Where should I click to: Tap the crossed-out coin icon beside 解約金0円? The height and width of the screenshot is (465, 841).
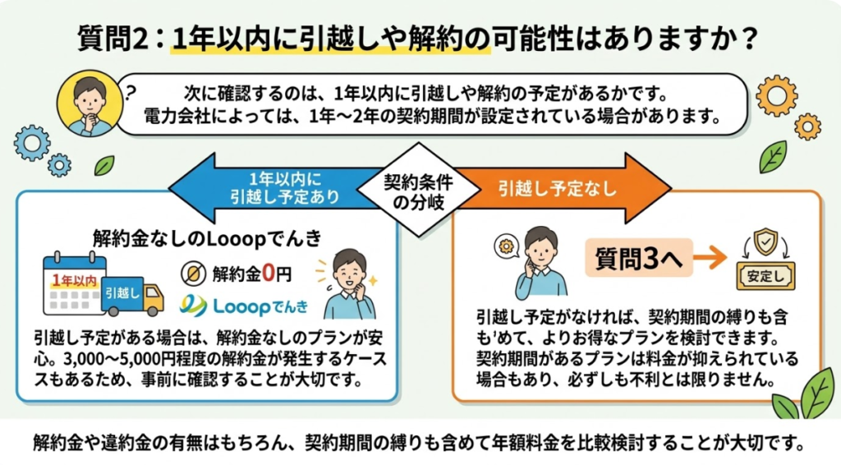tap(195, 272)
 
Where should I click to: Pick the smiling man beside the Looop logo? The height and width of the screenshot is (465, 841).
tap(348, 284)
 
